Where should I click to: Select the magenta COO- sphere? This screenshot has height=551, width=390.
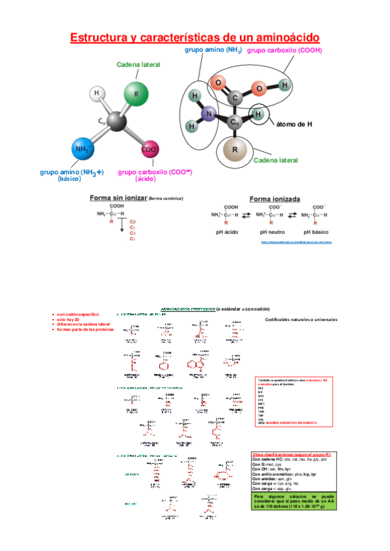150,149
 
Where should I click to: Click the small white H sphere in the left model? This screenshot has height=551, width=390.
97,94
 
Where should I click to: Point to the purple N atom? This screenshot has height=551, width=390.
209,114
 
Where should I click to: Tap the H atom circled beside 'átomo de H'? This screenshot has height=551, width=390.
259,114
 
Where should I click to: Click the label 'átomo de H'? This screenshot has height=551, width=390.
296,124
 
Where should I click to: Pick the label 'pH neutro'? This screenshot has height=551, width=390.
272,231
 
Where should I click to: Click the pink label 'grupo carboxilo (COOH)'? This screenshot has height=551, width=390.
285,50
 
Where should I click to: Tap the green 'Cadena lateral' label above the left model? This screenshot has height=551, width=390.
138,65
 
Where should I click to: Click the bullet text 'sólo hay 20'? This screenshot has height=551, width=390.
70,319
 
